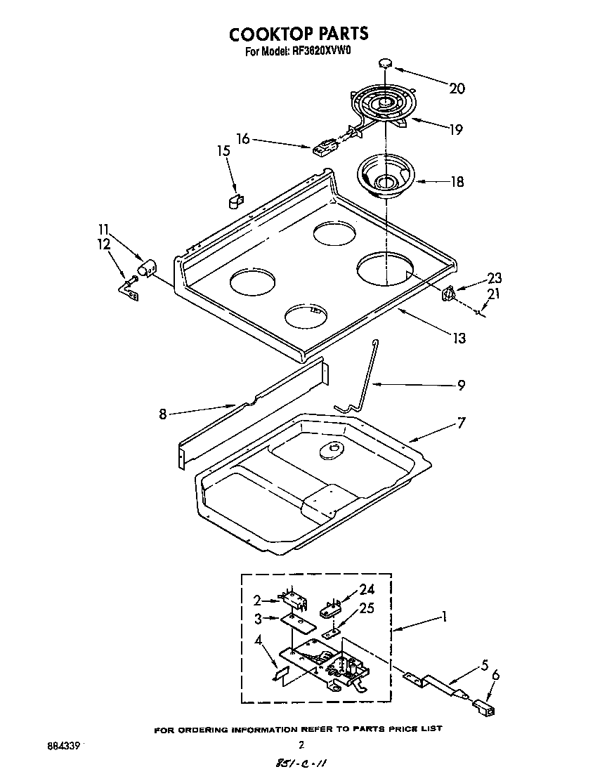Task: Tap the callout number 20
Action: click(457, 88)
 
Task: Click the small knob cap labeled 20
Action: click(385, 63)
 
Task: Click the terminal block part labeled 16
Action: click(324, 148)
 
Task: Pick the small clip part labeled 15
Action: click(235, 201)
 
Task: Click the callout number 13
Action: click(459, 339)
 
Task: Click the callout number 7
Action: click(461, 423)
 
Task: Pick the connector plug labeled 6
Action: click(483, 704)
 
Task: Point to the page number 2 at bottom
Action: click(301, 745)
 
